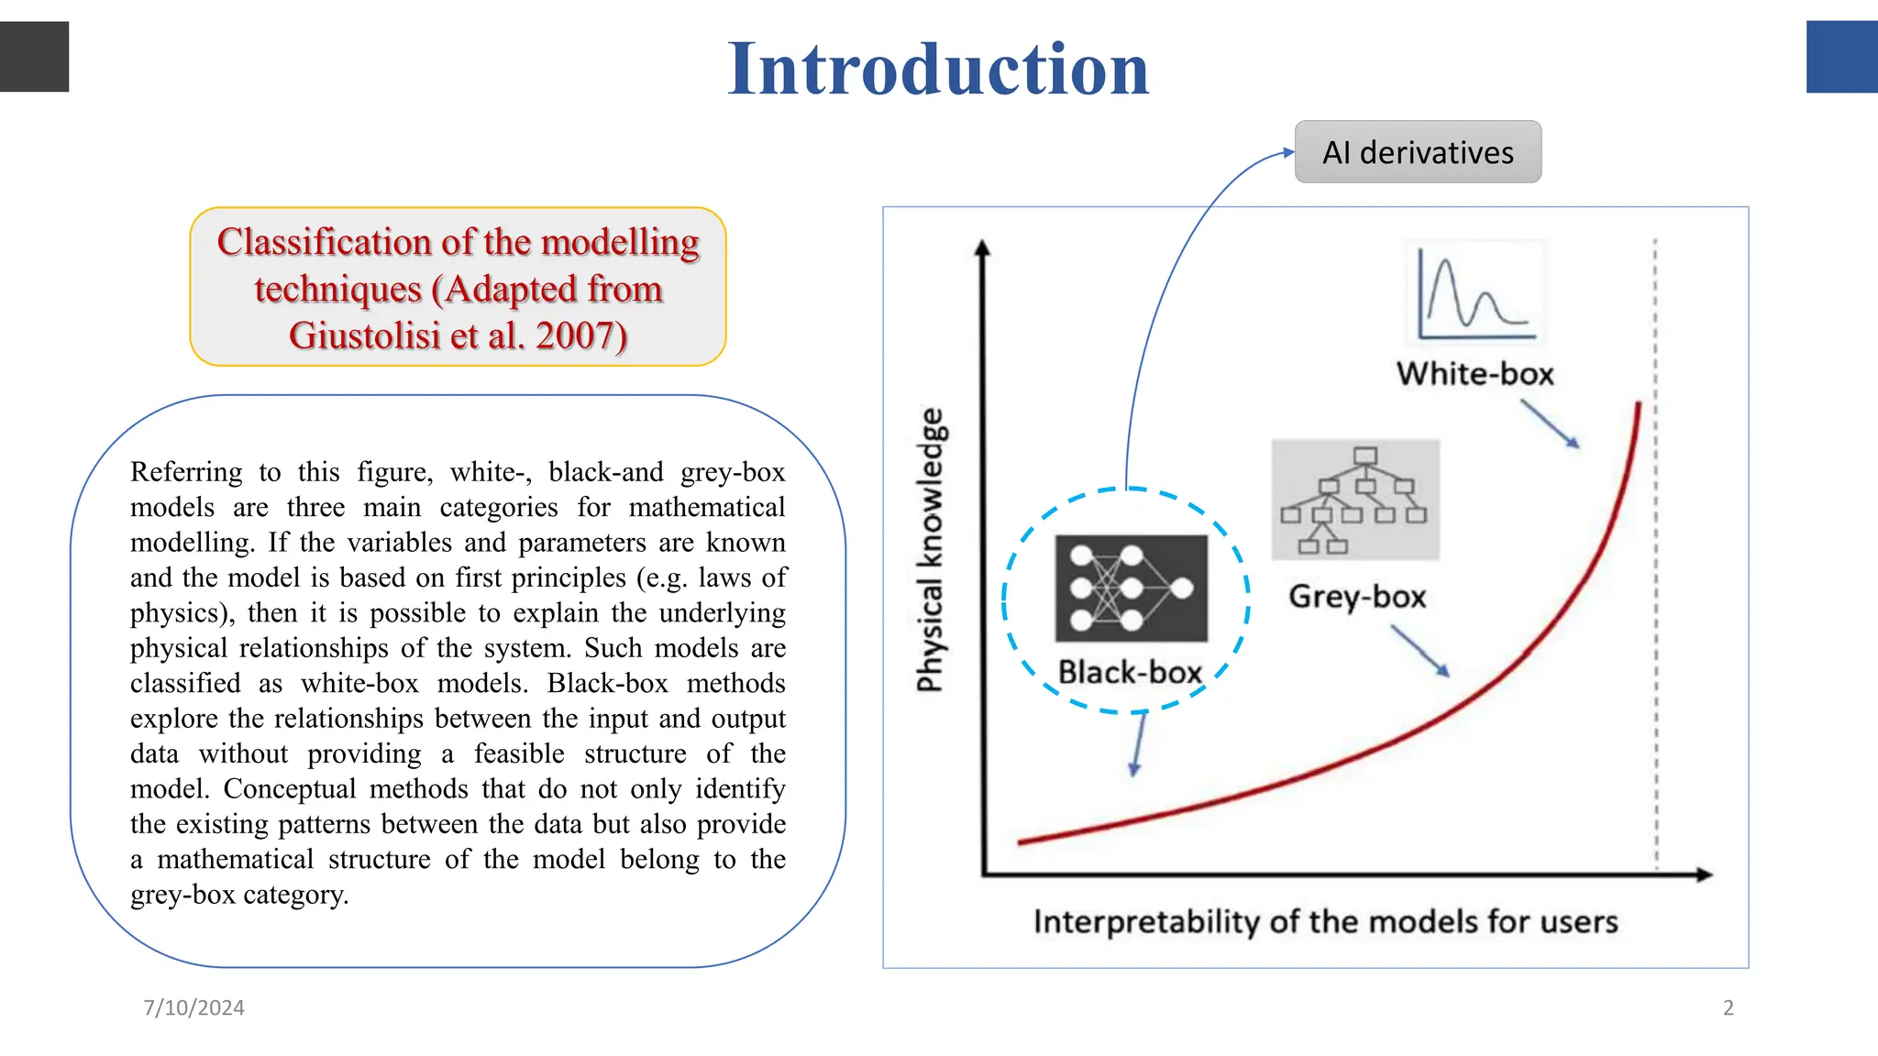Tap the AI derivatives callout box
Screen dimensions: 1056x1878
tap(1418, 152)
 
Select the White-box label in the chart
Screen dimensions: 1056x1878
tap(1475, 374)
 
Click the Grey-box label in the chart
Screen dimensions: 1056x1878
tap(1357, 597)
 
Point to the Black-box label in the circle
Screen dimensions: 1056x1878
tap(1130, 673)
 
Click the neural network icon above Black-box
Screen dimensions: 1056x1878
tap(1132, 588)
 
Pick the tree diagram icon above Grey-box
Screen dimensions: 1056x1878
tap(1355, 500)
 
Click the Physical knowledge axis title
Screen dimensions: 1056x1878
tap(930, 550)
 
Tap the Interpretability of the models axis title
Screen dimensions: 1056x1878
tap(1325, 921)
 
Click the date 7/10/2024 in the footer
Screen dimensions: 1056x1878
tap(193, 1007)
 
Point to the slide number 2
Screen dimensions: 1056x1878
tap(1729, 1007)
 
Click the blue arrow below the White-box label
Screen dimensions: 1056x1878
tap(1551, 424)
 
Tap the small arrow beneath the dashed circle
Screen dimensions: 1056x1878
tap(1138, 744)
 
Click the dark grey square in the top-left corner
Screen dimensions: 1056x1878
tap(34, 57)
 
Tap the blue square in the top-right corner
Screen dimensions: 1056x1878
tap(1841, 57)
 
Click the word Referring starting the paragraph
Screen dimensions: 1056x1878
tap(186, 472)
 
